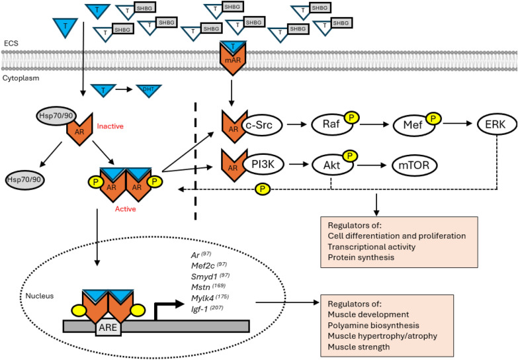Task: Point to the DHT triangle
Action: (x=144, y=89)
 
